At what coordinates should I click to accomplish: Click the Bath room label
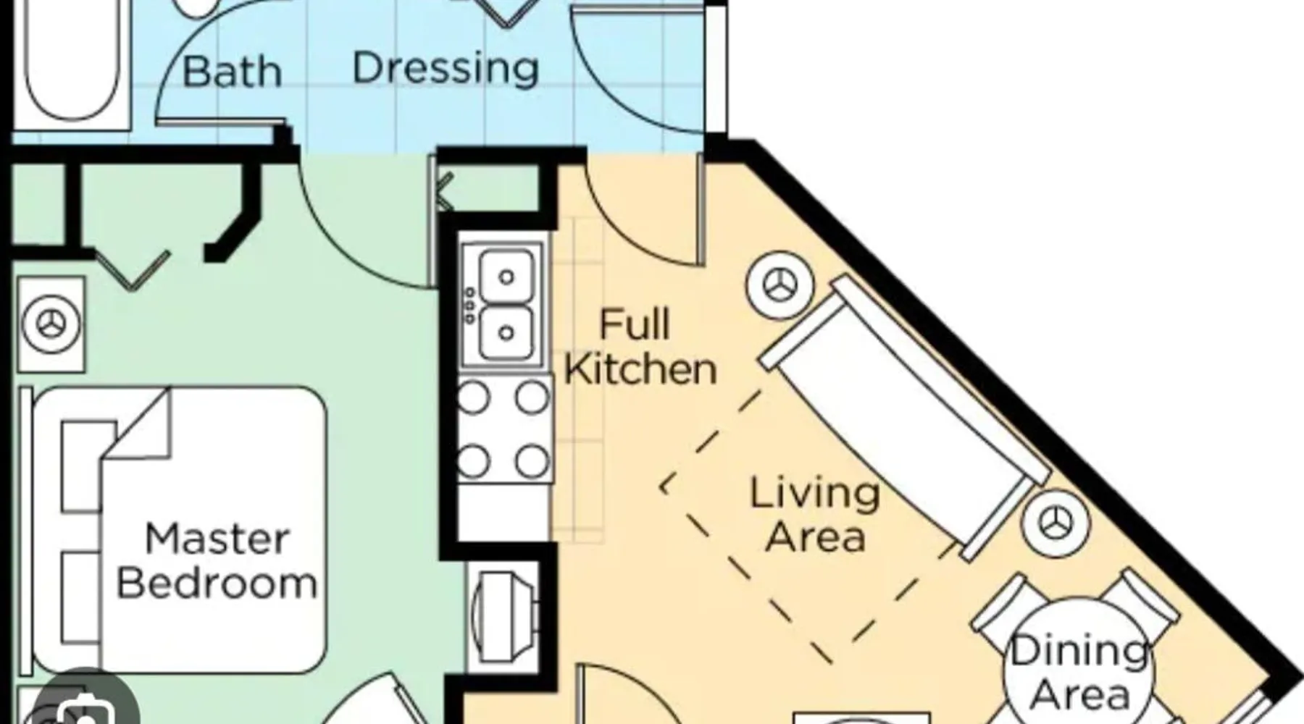tap(232, 72)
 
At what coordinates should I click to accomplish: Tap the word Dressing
tap(446, 69)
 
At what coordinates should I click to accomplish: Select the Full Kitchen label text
tap(640, 347)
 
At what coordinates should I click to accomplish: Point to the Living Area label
tap(815, 514)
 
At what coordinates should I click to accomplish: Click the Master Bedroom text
tap(217, 560)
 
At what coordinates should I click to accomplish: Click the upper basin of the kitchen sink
tap(506, 275)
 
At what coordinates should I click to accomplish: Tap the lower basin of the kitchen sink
tap(506, 333)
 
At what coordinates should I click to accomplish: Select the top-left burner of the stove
tap(473, 397)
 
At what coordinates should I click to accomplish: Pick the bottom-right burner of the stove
tap(532, 461)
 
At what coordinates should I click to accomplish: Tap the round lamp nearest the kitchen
tap(780, 285)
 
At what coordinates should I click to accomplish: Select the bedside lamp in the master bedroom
tap(50, 324)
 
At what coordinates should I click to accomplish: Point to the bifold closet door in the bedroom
tap(132, 269)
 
